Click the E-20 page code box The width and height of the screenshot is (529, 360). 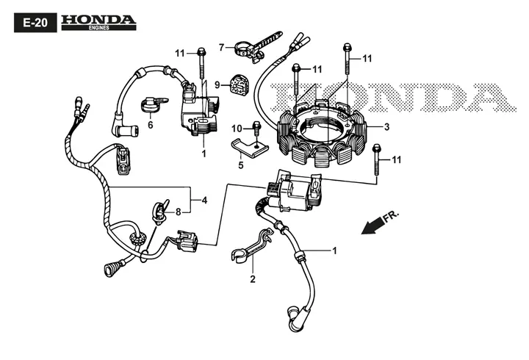pos(35,23)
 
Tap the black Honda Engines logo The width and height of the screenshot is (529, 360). pos(98,23)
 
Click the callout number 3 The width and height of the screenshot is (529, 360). pos(386,127)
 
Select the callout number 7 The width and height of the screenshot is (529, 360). pos(221,48)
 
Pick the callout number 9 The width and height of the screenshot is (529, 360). pos(217,84)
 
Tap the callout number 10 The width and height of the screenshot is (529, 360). pos(237,129)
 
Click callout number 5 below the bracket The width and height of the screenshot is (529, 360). pos(241,165)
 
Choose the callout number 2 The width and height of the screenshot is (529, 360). pos(253,279)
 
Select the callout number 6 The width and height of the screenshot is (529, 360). pos(151,125)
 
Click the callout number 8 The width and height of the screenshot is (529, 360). pos(178,212)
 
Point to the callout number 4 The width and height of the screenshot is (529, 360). pos(204,201)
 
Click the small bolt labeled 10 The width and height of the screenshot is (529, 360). pos(256,129)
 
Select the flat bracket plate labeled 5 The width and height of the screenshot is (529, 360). pos(249,147)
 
